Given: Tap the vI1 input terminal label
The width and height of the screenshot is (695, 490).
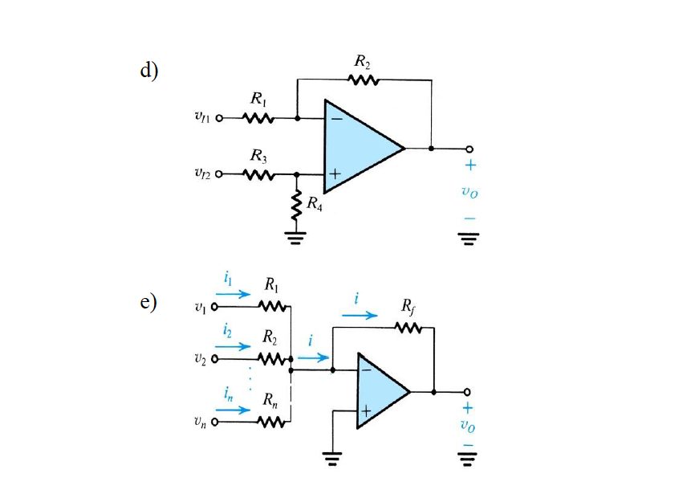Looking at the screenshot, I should point(204,118).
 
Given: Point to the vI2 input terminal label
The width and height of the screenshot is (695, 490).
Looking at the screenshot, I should point(204,174).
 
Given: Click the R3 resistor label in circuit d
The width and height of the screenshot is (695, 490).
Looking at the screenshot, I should point(258,155).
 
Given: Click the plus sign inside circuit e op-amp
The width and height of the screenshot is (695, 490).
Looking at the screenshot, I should point(367,411).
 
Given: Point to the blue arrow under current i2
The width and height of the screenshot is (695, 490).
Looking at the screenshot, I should point(234,347).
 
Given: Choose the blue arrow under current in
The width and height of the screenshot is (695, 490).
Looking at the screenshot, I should point(234,409).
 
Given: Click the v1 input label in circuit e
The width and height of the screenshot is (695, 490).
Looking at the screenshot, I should point(201,306).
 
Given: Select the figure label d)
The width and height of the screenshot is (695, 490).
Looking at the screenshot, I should point(149,70).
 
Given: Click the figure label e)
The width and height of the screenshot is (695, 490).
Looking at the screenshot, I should point(148,303).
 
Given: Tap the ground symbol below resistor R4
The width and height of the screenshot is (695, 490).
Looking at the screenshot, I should point(297,237).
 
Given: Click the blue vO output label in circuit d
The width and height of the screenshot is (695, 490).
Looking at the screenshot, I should point(469,193).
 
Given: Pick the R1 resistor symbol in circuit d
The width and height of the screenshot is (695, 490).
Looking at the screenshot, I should point(258,118).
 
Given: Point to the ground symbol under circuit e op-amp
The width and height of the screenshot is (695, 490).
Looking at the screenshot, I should point(332,459).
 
